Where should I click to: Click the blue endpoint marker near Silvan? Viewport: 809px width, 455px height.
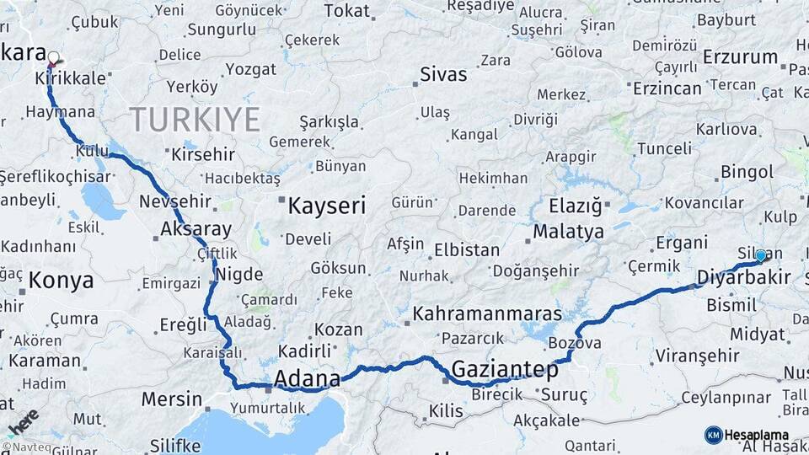[x=761, y=255]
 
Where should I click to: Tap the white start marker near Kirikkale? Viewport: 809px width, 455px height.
[x=54, y=59]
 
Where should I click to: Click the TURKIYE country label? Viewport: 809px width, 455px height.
[x=195, y=120]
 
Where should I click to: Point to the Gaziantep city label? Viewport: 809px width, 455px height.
[x=505, y=369]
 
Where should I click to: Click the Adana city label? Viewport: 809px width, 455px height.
[x=308, y=377]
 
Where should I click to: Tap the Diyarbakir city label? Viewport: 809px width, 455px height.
[x=744, y=277]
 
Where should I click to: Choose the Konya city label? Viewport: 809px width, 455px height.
[x=61, y=281]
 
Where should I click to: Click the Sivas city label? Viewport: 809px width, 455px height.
[x=444, y=74]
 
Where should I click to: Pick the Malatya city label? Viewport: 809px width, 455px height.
[x=569, y=231]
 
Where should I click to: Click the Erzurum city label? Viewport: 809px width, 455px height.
[x=740, y=57]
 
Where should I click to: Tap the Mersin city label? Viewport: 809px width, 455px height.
[x=172, y=399]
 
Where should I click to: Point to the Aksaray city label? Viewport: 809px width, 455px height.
[x=196, y=229]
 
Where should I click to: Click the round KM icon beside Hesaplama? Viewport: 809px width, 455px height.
[x=713, y=435]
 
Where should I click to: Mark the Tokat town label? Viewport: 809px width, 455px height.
[x=347, y=10]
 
